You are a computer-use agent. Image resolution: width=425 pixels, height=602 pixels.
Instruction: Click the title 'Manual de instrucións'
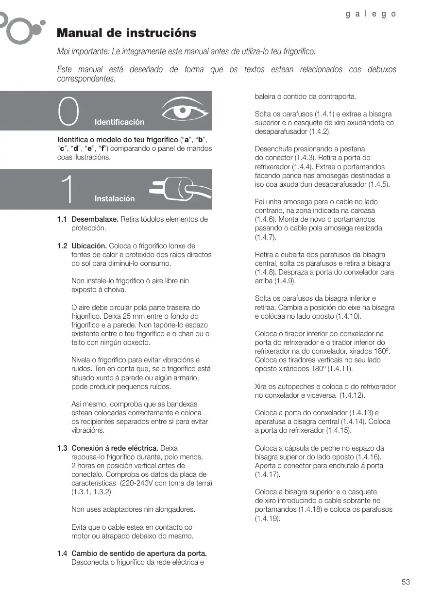click(127, 33)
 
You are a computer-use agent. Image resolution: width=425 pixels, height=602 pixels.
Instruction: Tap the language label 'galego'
click(371, 14)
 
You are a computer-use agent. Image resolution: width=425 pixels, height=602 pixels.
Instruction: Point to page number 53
click(406, 582)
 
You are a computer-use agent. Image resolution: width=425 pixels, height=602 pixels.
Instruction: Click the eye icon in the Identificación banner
click(184, 111)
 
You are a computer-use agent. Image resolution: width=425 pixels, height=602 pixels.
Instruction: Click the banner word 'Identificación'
click(119, 122)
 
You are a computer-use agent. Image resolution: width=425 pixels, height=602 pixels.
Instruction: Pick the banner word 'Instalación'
click(115, 198)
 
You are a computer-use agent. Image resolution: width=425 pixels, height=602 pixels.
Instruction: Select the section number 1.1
click(62, 219)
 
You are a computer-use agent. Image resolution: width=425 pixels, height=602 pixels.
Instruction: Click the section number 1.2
click(62, 246)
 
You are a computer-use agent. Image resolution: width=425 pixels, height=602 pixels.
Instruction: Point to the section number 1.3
click(62, 448)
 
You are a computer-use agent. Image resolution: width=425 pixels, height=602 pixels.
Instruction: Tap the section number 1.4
click(62, 553)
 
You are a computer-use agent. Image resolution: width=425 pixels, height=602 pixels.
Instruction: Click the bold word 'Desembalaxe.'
click(95, 219)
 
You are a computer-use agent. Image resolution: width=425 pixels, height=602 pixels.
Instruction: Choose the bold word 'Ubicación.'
click(89, 246)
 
